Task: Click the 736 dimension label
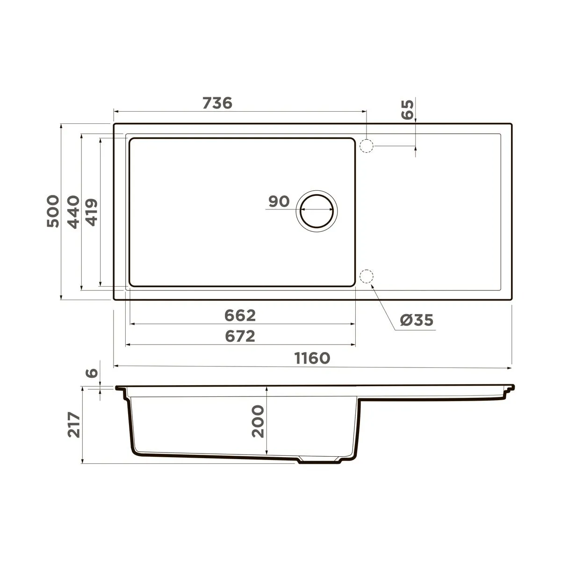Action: [217, 103]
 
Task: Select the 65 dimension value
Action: [408, 109]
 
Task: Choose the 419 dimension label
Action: [92, 211]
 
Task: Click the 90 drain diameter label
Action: [279, 201]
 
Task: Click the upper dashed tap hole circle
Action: [366, 146]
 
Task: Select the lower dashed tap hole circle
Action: [366, 277]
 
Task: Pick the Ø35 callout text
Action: [417, 320]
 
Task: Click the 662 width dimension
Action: [240, 316]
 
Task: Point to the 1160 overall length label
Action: [312, 358]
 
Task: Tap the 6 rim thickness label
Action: [93, 373]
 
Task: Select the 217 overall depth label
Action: [73, 424]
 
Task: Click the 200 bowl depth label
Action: [258, 421]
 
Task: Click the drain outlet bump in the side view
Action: [320, 460]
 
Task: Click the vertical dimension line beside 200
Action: [266, 421]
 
